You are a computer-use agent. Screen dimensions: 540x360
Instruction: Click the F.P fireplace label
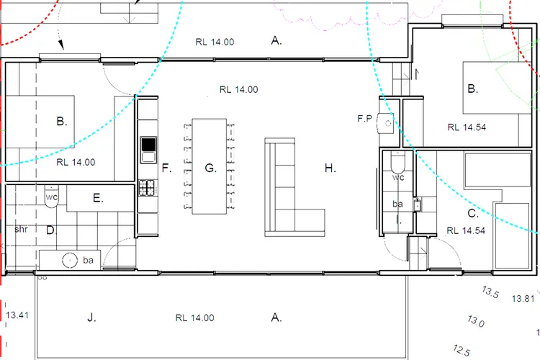pos(365,119)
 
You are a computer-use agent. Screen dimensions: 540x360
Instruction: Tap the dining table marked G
pos(209,166)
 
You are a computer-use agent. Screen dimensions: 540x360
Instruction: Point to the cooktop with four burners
pos(147,188)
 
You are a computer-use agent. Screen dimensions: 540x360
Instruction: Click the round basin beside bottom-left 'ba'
pos(70,260)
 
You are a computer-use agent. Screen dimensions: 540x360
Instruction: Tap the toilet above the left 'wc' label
pos(52,197)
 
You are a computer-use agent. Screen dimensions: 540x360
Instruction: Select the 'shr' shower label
pos(21,229)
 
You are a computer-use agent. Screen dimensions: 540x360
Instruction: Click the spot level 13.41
pos(17,315)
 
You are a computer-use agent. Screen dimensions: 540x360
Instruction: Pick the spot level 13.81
pos(523,299)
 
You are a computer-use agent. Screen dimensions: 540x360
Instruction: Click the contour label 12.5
pos(462,351)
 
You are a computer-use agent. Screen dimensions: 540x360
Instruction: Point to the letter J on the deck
pos(91,318)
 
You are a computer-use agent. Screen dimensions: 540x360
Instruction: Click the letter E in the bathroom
pos(98,198)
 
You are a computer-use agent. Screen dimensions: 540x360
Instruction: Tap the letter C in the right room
pos(473,214)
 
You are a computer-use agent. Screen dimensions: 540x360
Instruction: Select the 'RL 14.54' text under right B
pos(467,127)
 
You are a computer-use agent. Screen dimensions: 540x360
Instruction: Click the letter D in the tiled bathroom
pos(51,230)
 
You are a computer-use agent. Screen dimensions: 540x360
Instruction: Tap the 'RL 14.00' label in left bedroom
pos(76,162)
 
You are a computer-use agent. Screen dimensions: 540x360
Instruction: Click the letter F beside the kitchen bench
pos(167,168)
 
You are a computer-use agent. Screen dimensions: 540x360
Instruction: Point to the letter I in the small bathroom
pos(399,220)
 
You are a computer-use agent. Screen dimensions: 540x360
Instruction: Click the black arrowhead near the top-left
pos(61,45)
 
